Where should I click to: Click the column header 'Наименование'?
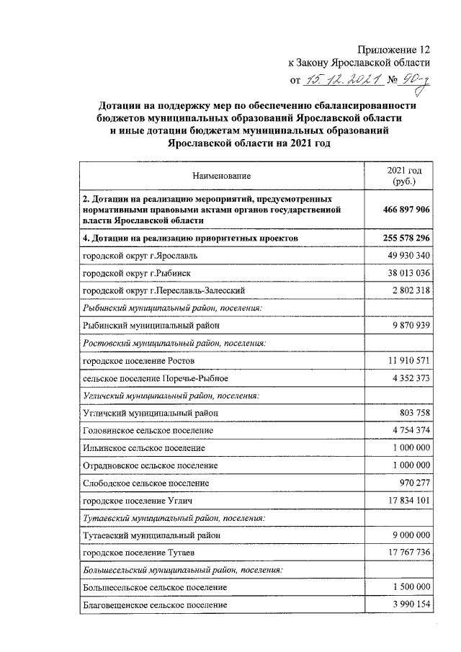click(222, 176)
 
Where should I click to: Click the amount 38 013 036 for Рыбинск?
click(404, 273)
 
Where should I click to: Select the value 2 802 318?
click(408, 290)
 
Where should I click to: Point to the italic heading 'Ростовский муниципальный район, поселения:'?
click(174, 342)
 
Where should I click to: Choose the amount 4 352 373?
click(408, 377)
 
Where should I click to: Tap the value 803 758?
click(413, 412)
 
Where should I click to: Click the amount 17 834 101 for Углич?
click(404, 499)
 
